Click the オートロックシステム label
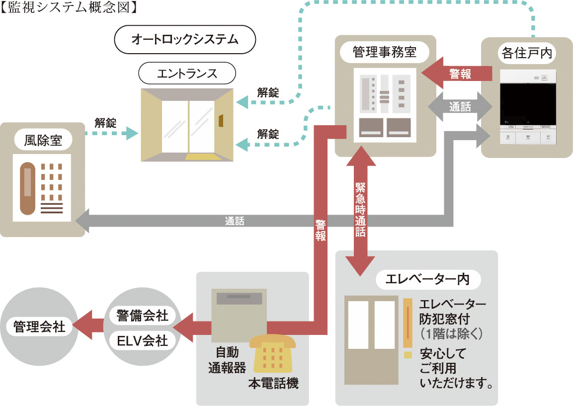pos(185,39)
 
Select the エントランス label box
pos(187,74)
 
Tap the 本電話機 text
pos(273,384)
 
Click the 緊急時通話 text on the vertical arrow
pos(361,209)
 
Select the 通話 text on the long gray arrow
pos(234,221)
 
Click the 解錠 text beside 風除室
pos(105,123)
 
